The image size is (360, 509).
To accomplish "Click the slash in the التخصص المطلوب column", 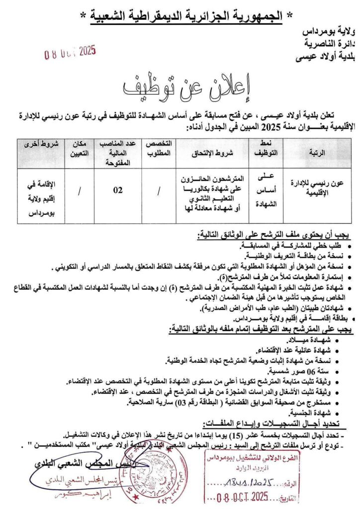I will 159,189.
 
